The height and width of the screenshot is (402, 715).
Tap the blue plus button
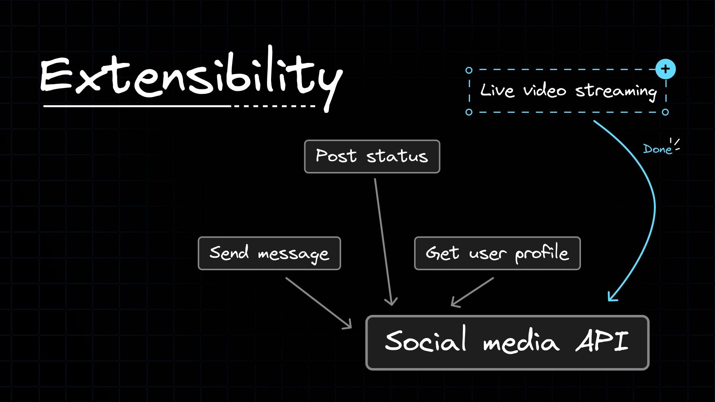click(665, 69)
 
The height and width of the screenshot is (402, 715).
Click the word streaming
click(616, 92)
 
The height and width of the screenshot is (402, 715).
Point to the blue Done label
click(658, 149)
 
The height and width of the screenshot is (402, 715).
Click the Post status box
click(372, 156)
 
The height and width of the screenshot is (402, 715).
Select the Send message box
click(269, 253)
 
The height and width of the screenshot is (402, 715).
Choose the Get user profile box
click(497, 253)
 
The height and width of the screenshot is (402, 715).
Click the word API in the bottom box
click(602, 341)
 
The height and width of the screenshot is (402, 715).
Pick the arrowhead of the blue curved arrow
click(611, 297)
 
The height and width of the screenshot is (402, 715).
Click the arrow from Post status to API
click(383, 242)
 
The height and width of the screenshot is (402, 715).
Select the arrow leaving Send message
click(319, 303)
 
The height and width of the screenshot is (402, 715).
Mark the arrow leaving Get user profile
click(472, 292)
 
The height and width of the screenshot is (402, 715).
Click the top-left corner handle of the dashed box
click(469, 70)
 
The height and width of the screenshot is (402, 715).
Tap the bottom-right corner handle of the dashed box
click(665, 112)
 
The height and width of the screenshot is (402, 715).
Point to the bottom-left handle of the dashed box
click(469, 112)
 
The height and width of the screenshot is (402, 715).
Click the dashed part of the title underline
click(274, 106)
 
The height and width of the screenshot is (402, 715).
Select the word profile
click(542, 253)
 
